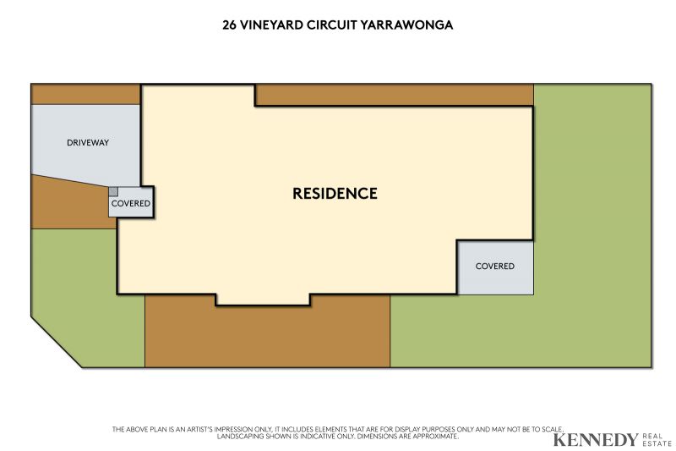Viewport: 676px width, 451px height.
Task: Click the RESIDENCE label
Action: (x=335, y=194)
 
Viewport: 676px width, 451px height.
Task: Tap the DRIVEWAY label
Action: (x=88, y=143)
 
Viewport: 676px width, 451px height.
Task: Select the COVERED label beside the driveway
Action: (x=131, y=203)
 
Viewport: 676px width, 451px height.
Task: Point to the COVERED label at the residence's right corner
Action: (x=495, y=267)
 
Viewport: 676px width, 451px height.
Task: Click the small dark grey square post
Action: (x=113, y=191)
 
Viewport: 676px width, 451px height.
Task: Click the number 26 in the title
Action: (x=229, y=25)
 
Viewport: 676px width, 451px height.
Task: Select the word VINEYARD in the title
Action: (x=271, y=25)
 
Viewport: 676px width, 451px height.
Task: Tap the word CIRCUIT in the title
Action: (x=331, y=25)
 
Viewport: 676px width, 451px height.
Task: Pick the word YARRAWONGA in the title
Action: (x=406, y=25)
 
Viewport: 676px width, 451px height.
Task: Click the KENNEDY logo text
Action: (x=596, y=440)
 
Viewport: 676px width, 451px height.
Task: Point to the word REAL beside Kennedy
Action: (x=652, y=437)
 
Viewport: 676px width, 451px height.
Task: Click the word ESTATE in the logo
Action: (x=657, y=443)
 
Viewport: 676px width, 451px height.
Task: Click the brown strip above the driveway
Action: (x=85, y=95)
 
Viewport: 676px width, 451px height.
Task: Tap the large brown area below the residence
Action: (x=267, y=334)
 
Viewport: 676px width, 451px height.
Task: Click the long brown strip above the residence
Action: (x=394, y=95)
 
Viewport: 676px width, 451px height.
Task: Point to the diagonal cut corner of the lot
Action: (x=57, y=342)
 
